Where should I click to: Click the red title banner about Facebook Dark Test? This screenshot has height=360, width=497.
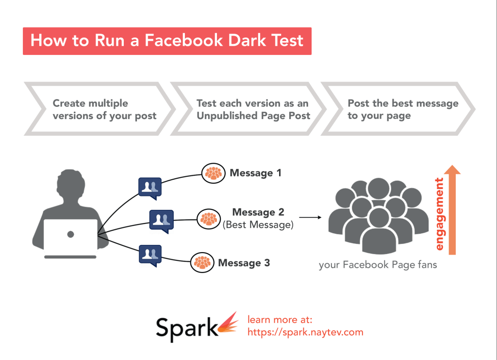(x=167, y=41)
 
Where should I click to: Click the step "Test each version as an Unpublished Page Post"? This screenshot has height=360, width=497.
(x=253, y=109)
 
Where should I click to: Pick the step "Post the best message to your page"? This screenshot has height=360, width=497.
(x=403, y=109)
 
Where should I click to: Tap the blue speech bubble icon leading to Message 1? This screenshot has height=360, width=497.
(x=149, y=188)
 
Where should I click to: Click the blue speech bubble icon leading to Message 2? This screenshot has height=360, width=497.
(x=161, y=221)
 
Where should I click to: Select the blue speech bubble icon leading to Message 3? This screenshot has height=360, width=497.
(x=149, y=254)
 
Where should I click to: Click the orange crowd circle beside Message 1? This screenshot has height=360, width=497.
(x=214, y=173)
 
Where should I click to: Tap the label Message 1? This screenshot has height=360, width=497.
(x=255, y=173)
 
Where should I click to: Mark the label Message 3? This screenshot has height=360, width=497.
(x=244, y=263)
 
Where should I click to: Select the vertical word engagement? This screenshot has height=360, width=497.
(x=439, y=214)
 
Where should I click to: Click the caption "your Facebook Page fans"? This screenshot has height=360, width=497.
(x=378, y=265)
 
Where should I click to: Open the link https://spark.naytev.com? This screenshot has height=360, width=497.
(x=305, y=332)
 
